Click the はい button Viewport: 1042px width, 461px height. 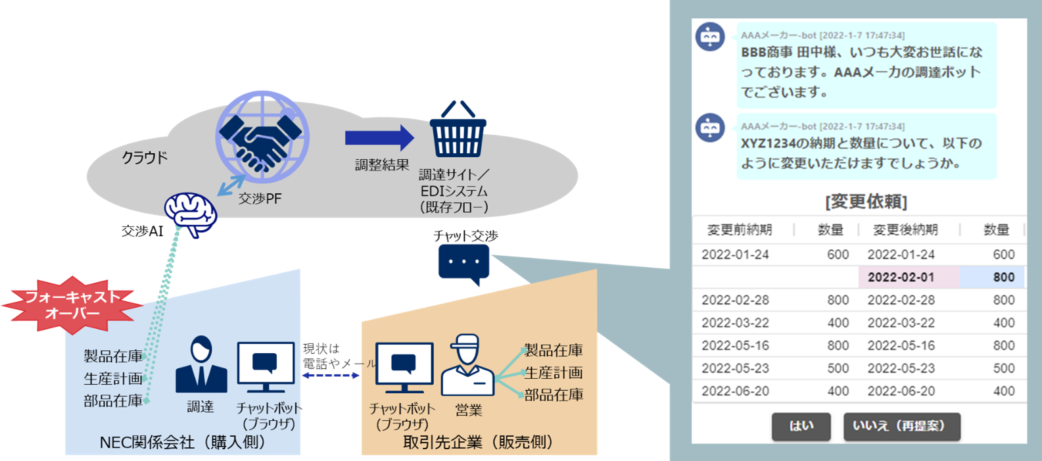(x=801, y=426)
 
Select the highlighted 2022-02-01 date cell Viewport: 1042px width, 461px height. (x=901, y=277)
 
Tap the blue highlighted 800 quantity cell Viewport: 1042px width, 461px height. (x=992, y=277)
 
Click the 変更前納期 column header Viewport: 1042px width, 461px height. (x=740, y=230)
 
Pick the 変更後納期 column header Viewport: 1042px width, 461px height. (x=905, y=230)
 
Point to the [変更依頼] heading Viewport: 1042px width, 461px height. (x=866, y=201)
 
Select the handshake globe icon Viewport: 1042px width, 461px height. (x=262, y=137)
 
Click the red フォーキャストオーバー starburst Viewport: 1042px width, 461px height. (x=72, y=305)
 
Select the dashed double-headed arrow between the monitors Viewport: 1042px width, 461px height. (x=331, y=376)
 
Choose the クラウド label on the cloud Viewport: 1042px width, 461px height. (x=145, y=157)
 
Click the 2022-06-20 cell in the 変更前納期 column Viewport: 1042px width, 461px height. (x=735, y=391)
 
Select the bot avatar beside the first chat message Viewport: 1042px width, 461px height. (x=710, y=37)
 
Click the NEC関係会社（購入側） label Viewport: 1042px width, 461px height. (x=182, y=443)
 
